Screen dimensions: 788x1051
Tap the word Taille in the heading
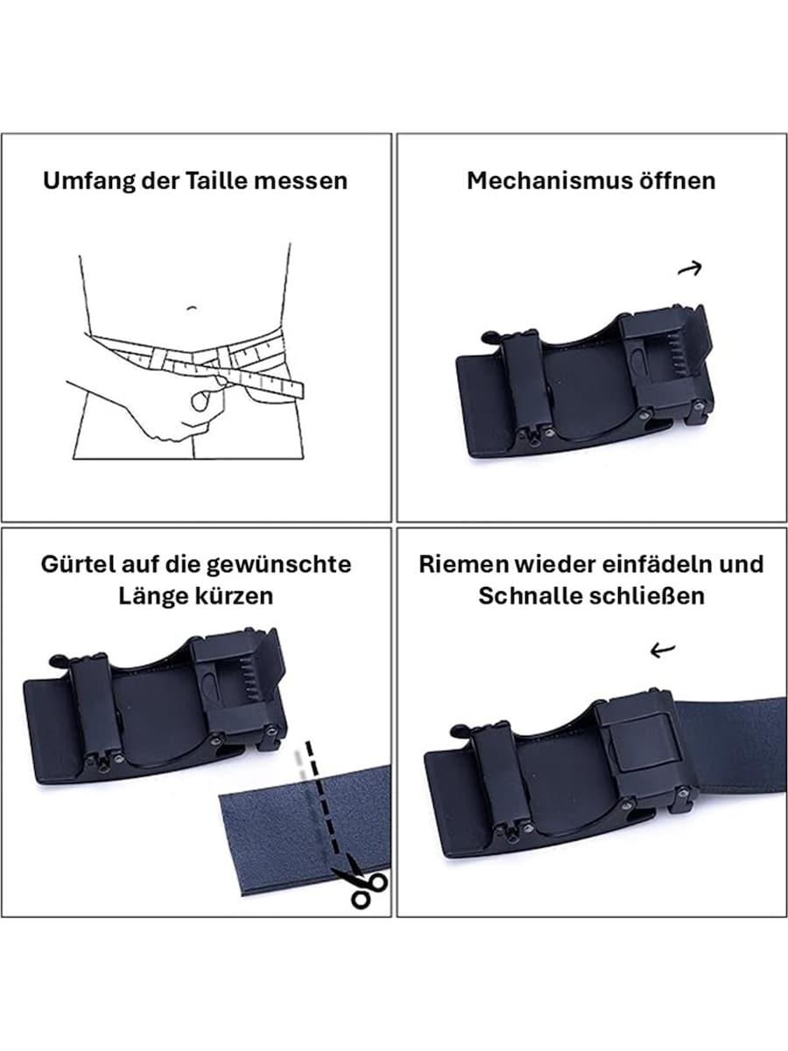[x=215, y=181]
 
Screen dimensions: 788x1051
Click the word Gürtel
[x=77, y=564]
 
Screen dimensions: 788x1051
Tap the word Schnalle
[x=528, y=596]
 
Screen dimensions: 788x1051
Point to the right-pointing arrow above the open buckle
[x=689, y=270]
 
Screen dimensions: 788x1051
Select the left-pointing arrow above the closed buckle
[x=663, y=650]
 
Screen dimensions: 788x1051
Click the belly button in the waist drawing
[x=193, y=307]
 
